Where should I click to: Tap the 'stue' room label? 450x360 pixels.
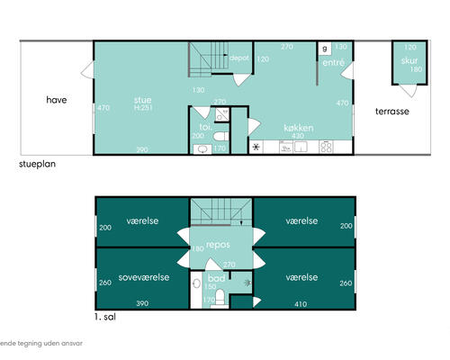[x=142, y=100]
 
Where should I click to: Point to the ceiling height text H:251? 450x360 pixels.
[x=142, y=109]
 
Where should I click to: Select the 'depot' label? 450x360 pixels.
[x=239, y=58]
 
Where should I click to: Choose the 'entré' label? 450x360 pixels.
[x=332, y=63]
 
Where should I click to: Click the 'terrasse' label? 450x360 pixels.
[x=392, y=112]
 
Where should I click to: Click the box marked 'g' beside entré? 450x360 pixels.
[x=324, y=47]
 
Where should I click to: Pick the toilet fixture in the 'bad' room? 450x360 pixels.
[x=216, y=302]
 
